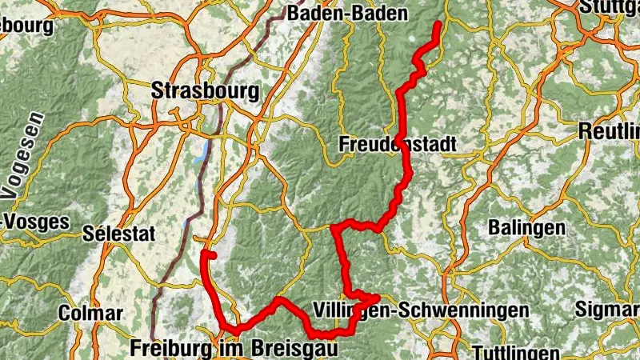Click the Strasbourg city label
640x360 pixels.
point(205,90)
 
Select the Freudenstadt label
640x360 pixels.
point(397,145)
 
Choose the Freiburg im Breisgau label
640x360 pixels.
point(233,349)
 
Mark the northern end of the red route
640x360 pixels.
point(438,24)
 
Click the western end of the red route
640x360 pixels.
point(206,254)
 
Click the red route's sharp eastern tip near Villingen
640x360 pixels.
point(376,298)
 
